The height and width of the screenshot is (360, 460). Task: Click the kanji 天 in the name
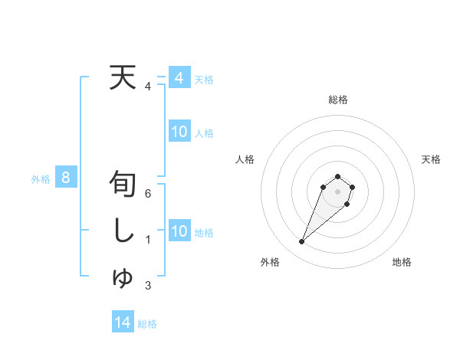123,77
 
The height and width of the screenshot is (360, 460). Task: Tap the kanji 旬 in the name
123,185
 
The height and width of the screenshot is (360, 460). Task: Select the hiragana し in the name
123,231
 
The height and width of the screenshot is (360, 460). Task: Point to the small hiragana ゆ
123,279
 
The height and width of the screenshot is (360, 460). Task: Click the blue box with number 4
179,77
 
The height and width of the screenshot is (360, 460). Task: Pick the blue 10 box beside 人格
179,132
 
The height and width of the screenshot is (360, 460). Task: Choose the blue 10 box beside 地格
179,231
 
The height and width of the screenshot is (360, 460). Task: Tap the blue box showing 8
66,178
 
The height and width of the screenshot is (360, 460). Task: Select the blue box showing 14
123,322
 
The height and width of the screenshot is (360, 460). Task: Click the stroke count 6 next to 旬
148,194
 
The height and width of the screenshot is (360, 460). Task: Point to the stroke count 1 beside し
148,240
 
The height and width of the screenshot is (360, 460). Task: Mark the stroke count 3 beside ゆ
148,286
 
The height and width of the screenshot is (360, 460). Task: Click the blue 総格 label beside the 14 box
147,324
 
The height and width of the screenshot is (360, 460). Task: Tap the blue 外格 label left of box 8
41,179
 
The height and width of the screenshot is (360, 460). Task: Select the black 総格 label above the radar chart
337,100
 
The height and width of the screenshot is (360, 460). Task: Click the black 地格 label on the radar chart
402,262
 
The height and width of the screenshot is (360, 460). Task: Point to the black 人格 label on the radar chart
245,159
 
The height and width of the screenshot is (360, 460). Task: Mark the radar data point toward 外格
302,242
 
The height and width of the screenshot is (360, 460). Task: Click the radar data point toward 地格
347,204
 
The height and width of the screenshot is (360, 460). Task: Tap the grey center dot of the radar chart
337,191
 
